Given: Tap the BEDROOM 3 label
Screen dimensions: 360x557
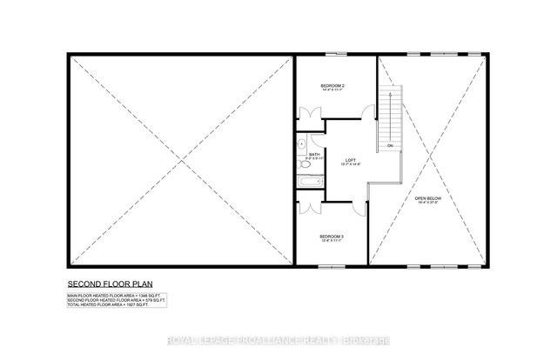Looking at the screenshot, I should (332, 237).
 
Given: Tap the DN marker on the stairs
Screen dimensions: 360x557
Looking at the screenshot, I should (390, 146).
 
